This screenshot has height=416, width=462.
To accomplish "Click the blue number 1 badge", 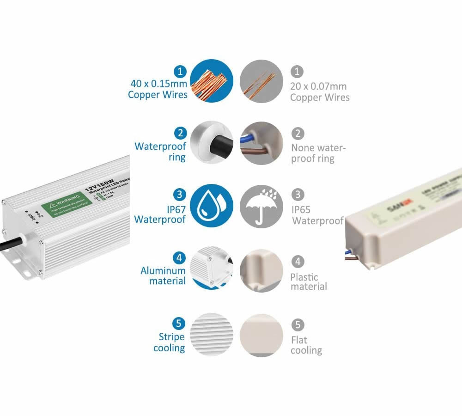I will (x=180, y=72).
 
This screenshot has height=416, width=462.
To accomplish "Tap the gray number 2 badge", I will (x=298, y=133).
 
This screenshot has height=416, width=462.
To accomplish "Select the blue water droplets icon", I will (x=212, y=207).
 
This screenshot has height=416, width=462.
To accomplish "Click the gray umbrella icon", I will (x=261, y=207).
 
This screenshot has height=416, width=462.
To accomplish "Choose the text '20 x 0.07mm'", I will (x=318, y=86).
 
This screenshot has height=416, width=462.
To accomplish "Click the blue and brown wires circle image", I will (x=261, y=143).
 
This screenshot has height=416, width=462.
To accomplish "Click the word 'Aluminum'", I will (x=163, y=270).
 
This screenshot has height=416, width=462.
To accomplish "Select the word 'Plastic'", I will (x=304, y=277).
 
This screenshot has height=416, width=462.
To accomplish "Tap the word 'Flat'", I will (x=299, y=340).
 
